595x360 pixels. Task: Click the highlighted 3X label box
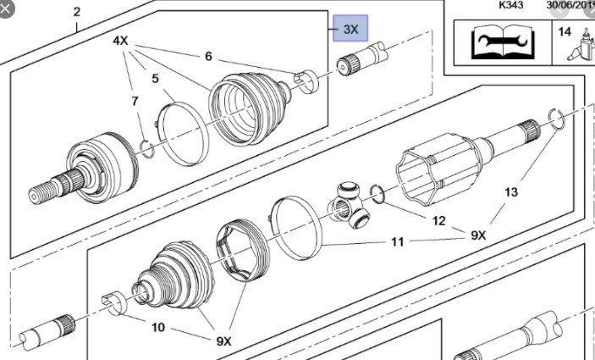click(350, 29)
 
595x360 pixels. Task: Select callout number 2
click(77, 12)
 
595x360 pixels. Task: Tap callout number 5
click(155, 79)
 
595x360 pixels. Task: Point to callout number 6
click(208, 58)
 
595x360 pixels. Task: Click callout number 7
click(135, 102)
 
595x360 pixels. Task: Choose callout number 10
click(157, 327)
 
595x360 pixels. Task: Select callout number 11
click(397, 242)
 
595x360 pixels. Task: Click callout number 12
click(438, 221)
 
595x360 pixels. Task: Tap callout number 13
click(510, 192)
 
